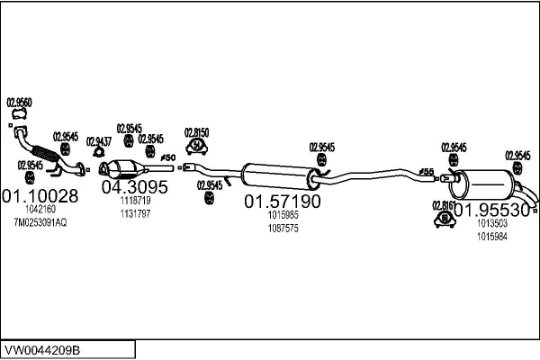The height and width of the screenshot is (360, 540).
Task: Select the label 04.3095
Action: pos(134,187)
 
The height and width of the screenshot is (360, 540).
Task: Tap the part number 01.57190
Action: pos(283,202)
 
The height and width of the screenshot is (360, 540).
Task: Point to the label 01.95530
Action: pos(491,210)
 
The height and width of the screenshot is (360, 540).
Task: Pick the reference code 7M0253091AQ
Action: pos(40,222)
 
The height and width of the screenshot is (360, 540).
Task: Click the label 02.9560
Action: pos(19,103)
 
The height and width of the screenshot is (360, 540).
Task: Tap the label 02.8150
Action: pos(196,131)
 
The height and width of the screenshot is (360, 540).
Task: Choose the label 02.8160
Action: pos(444,205)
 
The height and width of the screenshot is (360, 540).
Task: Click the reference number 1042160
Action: pos(40,210)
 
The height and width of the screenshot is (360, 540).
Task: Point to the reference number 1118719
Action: pos(135,201)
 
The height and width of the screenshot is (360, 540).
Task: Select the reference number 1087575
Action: pos(283,229)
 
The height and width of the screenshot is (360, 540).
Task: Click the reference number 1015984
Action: pos(491,236)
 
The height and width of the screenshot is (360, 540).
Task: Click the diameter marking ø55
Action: pos(427,172)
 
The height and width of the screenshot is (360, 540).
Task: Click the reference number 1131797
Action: pos(135,213)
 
